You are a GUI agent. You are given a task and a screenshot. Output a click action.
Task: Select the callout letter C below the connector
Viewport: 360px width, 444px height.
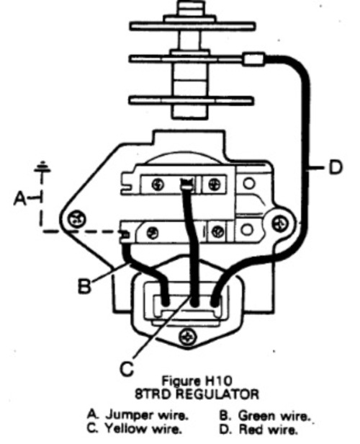pos(127,368)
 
